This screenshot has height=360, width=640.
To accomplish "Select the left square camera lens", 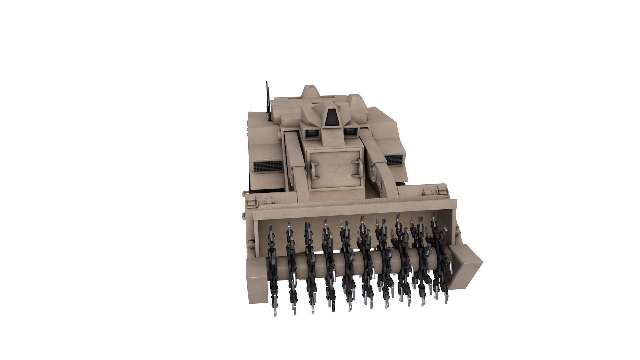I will [313, 133].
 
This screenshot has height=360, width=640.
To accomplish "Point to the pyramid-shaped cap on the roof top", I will [310, 91].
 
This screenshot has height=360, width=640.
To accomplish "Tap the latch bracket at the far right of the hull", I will [442, 192].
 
